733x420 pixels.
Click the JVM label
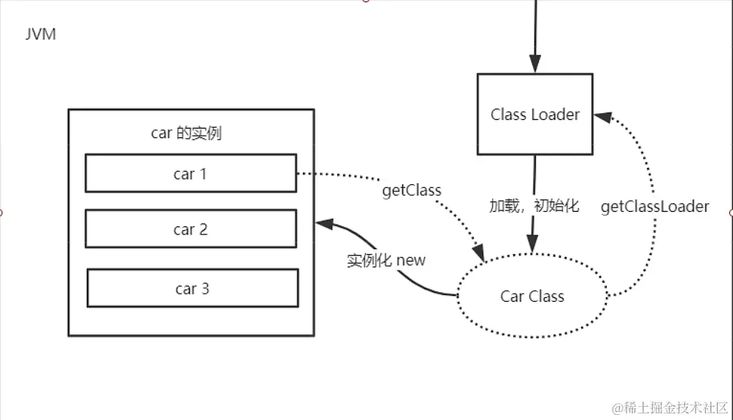pos(40,34)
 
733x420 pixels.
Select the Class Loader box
pos(534,114)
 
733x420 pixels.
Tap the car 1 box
pos(191,174)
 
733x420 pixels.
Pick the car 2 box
pos(191,229)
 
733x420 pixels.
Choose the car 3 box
pos(192,289)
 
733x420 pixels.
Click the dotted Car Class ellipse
pos(532,296)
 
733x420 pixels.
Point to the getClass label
pos(412,191)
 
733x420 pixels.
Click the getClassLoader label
pos(654,207)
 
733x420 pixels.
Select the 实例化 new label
pos(385,260)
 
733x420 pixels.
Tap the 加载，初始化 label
pos(534,206)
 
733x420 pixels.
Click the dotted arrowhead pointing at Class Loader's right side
pos(600,115)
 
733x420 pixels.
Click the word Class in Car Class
pos(546,296)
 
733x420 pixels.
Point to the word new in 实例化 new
pos(411,260)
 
